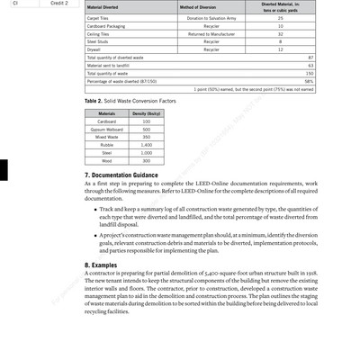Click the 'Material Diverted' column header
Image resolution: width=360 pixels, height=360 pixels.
[x=103, y=7]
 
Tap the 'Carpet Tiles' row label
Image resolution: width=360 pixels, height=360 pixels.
[x=99, y=18]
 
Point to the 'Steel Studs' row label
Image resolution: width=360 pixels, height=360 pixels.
[x=98, y=41]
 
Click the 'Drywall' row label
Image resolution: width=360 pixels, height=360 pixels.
[x=94, y=49]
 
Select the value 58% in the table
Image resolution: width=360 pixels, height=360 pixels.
[x=308, y=82]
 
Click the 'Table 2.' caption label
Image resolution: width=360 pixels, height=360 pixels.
[x=94, y=103]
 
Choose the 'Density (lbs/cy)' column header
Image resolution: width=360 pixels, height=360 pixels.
[x=146, y=114]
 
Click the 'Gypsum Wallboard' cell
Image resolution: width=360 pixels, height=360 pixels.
[x=106, y=129]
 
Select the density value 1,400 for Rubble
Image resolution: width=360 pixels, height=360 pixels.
[x=146, y=145]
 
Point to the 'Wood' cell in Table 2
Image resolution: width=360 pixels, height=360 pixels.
[x=106, y=160]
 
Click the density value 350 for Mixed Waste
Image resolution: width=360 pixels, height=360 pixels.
[x=146, y=137]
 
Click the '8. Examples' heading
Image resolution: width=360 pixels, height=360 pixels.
[x=100, y=266]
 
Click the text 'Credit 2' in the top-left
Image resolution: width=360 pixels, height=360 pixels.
[x=59, y=3]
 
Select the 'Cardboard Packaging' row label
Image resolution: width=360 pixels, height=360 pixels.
[x=107, y=26]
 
